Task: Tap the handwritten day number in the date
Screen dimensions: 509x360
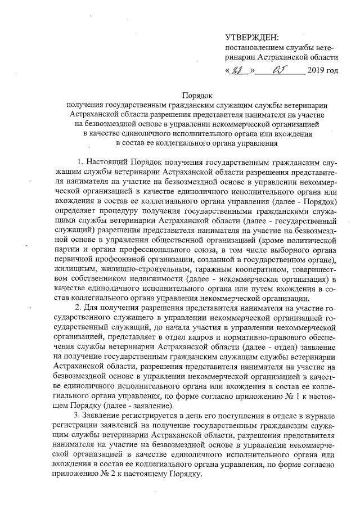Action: pyautogui.click(x=240, y=72)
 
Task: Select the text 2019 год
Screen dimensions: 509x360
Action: pyautogui.click(x=323, y=72)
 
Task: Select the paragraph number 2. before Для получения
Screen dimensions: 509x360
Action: pyautogui.click(x=79, y=308)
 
